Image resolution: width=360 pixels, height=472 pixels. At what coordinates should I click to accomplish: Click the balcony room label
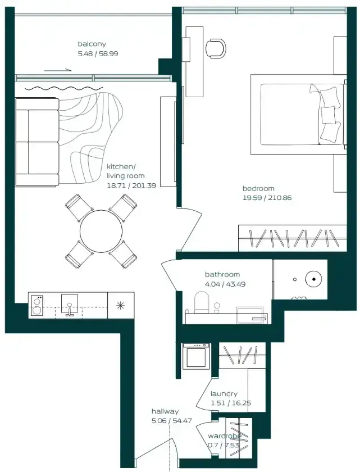tap(92, 44)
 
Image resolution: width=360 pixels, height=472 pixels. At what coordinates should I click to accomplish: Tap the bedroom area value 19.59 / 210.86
tap(267, 198)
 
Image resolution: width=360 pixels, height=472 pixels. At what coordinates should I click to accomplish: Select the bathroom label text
tap(222, 274)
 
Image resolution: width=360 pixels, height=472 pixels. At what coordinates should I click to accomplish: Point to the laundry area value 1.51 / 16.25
tap(231, 403)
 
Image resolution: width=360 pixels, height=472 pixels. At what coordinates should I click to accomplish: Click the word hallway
tap(165, 411)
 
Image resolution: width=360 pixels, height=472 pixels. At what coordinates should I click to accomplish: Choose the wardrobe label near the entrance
tap(224, 436)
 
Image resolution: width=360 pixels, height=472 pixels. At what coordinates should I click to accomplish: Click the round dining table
tap(101, 231)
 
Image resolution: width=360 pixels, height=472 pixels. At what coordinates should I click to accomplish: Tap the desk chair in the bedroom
tap(216, 48)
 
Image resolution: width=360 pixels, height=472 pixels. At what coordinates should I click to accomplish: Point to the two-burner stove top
tap(37, 305)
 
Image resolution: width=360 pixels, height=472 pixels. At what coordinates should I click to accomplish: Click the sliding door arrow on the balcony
tap(58, 70)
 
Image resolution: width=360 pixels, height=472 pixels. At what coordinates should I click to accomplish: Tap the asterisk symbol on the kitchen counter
tap(120, 305)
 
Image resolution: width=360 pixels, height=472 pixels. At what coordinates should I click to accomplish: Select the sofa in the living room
tap(37, 142)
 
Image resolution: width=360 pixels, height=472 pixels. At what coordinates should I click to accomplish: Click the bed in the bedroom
tap(298, 115)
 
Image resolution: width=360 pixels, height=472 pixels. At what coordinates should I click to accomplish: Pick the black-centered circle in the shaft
tap(314, 279)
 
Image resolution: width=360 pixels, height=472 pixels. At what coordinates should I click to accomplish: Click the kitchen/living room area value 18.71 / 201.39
tap(131, 185)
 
